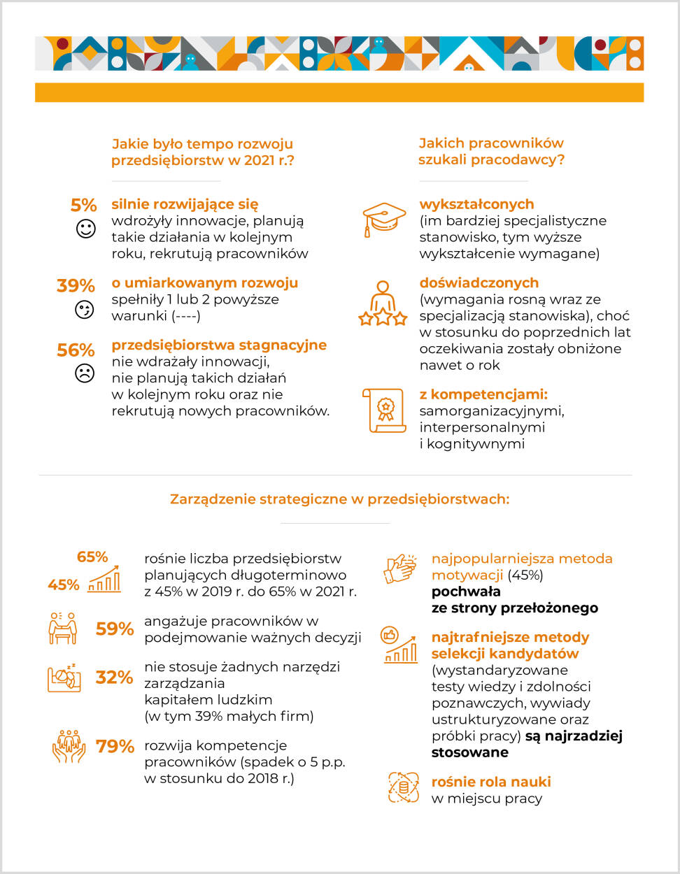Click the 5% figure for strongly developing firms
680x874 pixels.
point(83,205)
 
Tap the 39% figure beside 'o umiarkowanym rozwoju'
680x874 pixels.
point(76,285)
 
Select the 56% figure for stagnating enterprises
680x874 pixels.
point(76,350)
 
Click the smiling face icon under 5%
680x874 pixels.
point(85,229)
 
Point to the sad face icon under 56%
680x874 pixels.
point(85,373)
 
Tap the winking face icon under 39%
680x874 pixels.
point(85,310)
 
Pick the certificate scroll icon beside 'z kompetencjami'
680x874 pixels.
point(384,410)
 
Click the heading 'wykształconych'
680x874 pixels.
point(476,204)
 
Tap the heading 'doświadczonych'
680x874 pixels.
point(479,282)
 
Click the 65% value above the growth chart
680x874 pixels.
point(92,557)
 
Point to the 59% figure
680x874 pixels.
point(115,629)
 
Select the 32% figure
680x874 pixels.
point(115,677)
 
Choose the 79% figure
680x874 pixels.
point(115,746)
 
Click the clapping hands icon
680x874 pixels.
point(400,568)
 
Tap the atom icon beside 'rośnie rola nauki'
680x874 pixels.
point(404,787)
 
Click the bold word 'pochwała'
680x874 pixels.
point(466,592)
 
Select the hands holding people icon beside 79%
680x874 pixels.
point(69,746)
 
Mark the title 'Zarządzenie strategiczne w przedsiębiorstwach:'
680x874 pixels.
point(339,499)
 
